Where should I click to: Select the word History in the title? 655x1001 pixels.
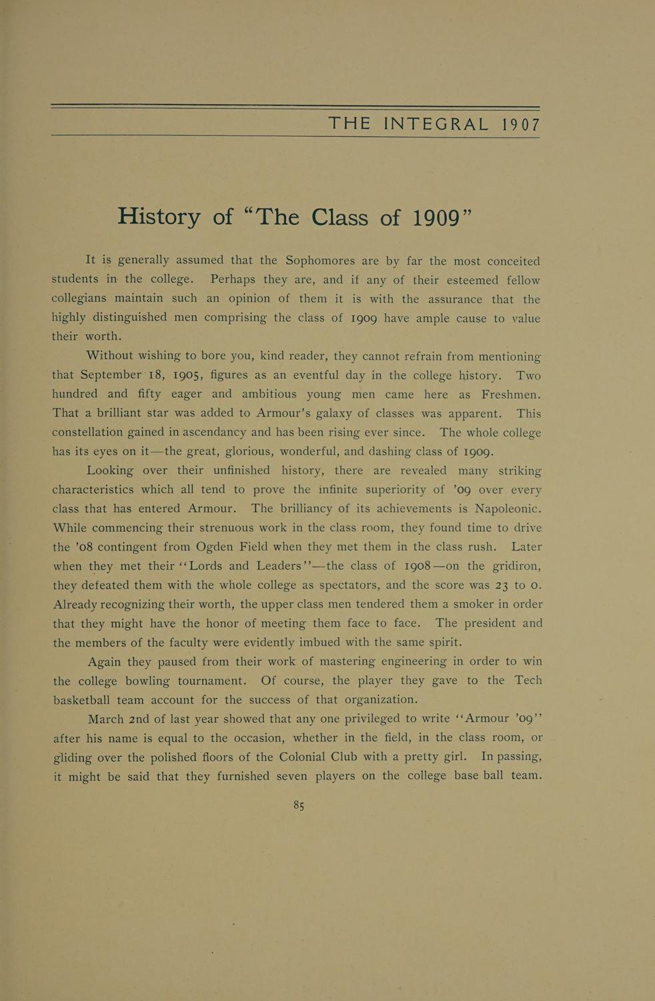pyautogui.click(x=159, y=216)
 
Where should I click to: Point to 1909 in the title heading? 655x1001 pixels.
pyautogui.click(x=434, y=218)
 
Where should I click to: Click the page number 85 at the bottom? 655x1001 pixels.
pyautogui.click(x=299, y=805)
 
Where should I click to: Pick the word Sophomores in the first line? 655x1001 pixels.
pyautogui.click(x=323, y=260)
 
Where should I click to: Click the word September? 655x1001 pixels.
pyautogui.click(x=111, y=374)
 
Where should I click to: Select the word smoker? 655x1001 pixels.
pyautogui.click(x=434, y=604)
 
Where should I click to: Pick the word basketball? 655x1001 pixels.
pyautogui.click(x=81, y=700)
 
